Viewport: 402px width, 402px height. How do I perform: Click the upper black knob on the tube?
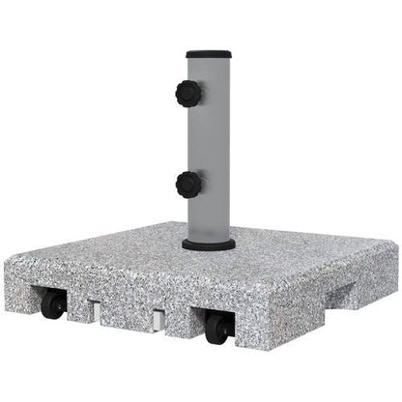pyautogui.click(x=188, y=95)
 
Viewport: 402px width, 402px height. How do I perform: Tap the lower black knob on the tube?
pyautogui.click(x=188, y=184)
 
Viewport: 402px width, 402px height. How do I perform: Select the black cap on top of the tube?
pyautogui.click(x=207, y=47)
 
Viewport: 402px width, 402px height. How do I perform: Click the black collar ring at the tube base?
pyautogui.click(x=209, y=244)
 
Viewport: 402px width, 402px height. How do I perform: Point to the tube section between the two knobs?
pyautogui.click(x=211, y=140)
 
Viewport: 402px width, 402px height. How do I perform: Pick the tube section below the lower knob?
pyautogui.click(x=210, y=217)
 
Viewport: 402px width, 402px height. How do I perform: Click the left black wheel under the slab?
pyautogui.click(x=53, y=305)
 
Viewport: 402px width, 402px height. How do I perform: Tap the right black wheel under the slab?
pyautogui.click(x=218, y=328)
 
